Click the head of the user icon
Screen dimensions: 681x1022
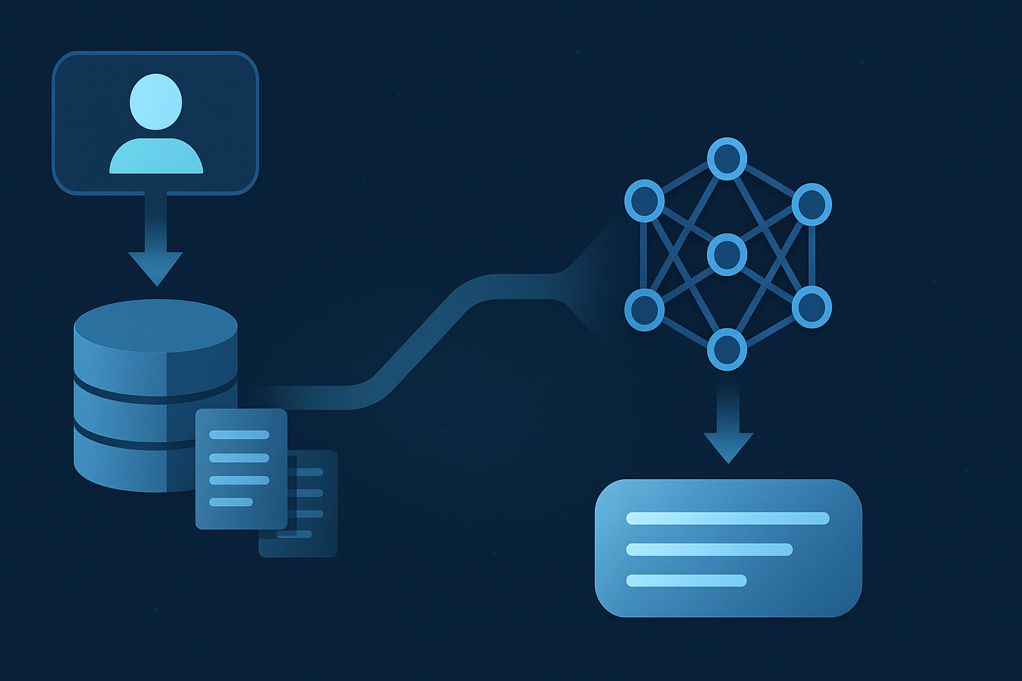(x=156, y=102)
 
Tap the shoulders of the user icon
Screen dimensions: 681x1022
(x=156, y=158)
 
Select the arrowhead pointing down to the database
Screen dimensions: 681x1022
(x=156, y=267)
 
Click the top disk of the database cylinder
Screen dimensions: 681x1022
(x=156, y=326)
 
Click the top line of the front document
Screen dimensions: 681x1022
(x=239, y=435)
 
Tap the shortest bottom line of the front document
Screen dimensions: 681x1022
(x=231, y=502)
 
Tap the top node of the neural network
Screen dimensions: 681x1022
(x=727, y=159)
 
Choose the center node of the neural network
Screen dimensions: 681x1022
(x=727, y=254)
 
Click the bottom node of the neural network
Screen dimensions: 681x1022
(x=727, y=349)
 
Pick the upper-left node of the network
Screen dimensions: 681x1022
(x=644, y=201)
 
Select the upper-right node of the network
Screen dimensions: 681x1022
(x=812, y=204)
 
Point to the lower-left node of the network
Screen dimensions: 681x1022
(x=644, y=309)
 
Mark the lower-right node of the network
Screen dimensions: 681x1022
(x=812, y=307)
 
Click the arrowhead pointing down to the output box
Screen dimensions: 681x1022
(x=729, y=447)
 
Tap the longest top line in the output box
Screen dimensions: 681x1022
(x=727, y=519)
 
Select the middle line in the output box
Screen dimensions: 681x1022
(x=709, y=549)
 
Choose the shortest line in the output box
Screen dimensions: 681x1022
(x=686, y=581)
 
